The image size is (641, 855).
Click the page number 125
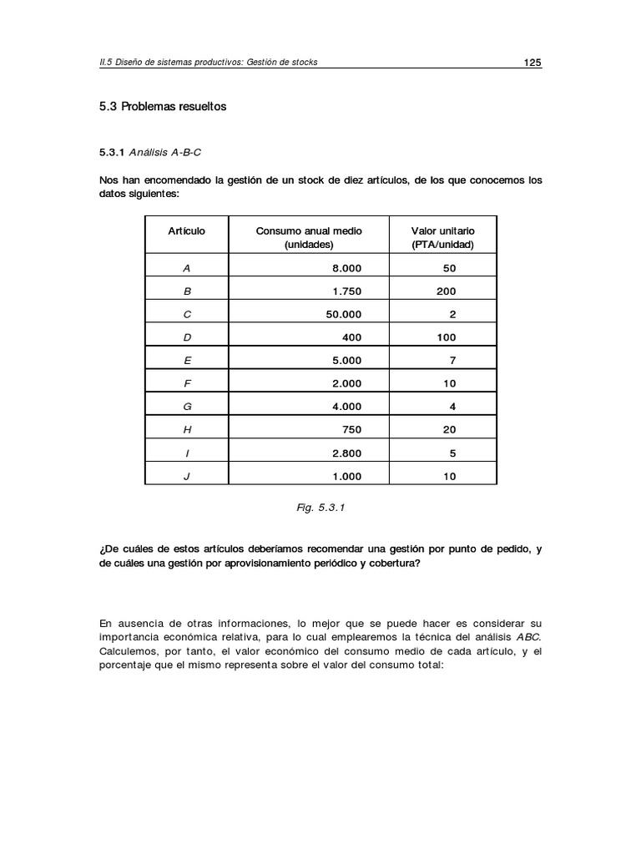pyautogui.click(x=532, y=63)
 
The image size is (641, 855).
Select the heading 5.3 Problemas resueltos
pyautogui.click(x=162, y=108)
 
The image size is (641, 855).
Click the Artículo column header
pyautogui.click(x=187, y=230)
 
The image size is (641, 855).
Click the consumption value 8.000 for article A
pyautogui.click(x=346, y=268)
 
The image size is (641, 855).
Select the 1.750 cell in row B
pyautogui.click(x=346, y=291)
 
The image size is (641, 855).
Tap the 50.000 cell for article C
pyautogui.click(x=343, y=315)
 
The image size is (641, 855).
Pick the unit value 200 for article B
pyautogui.click(x=446, y=291)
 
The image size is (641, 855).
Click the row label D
pyautogui.click(x=187, y=338)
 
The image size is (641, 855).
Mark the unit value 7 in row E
pyautogui.click(x=452, y=362)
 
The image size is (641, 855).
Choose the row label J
pyautogui.click(x=187, y=478)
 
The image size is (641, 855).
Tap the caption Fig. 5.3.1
pyautogui.click(x=309, y=507)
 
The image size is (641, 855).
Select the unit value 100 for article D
pyautogui.click(x=446, y=338)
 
